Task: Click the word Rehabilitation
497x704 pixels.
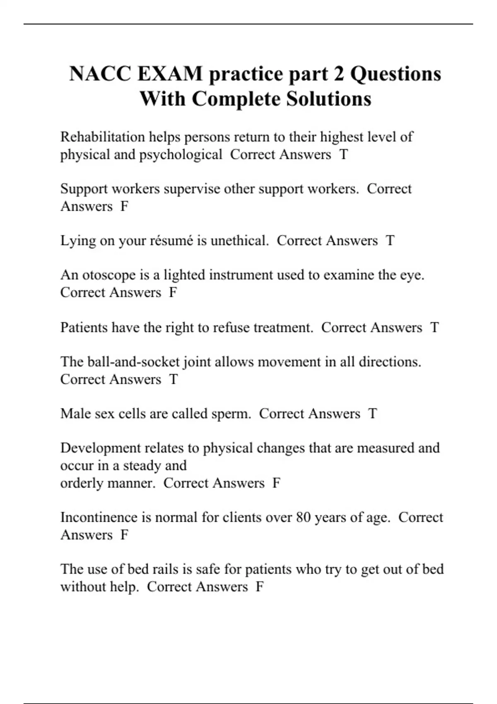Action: tap(103, 137)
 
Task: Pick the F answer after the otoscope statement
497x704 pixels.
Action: tap(173, 293)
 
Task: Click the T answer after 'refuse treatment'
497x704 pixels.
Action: tap(434, 328)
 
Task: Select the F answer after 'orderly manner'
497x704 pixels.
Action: tap(276, 483)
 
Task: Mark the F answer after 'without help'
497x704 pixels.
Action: tap(260, 587)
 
